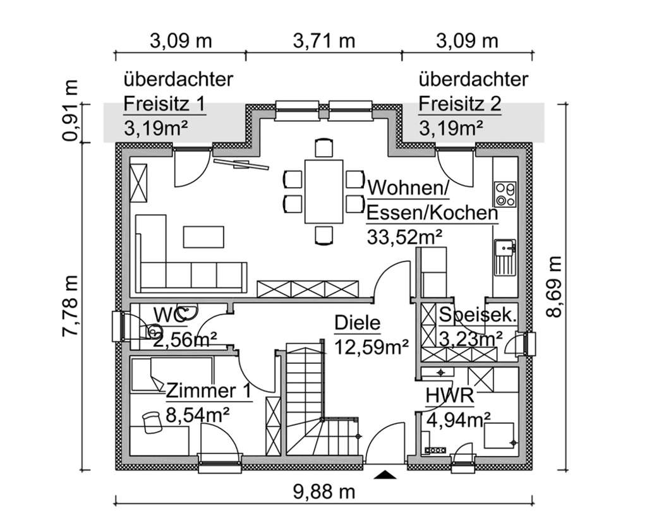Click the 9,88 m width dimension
[323, 491]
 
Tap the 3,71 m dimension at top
[324, 41]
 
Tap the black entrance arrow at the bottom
[385, 474]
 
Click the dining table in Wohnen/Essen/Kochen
[323, 190]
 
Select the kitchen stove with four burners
[505, 194]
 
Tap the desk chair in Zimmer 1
[152, 422]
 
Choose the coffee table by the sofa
[203, 236]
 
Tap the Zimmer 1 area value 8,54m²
[197, 414]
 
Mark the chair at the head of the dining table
[324, 148]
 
